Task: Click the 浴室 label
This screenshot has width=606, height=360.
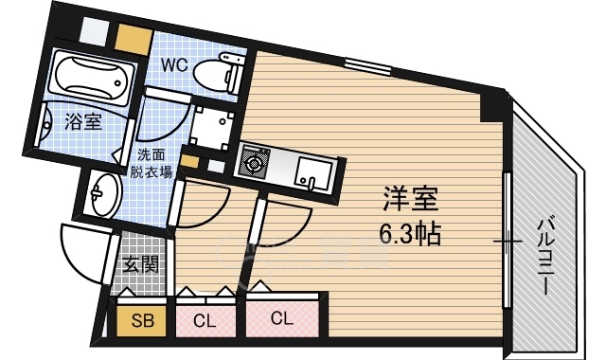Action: pyautogui.click(x=82, y=121)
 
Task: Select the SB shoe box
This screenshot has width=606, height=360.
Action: pyautogui.click(x=141, y=319)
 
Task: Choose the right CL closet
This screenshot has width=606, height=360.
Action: pyautogui.click(x=281, y=318)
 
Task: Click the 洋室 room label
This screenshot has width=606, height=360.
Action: pyautogui.click(x=410, y=201)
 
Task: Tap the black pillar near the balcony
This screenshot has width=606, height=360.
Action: pyautogui.click(x=494, y=104)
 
